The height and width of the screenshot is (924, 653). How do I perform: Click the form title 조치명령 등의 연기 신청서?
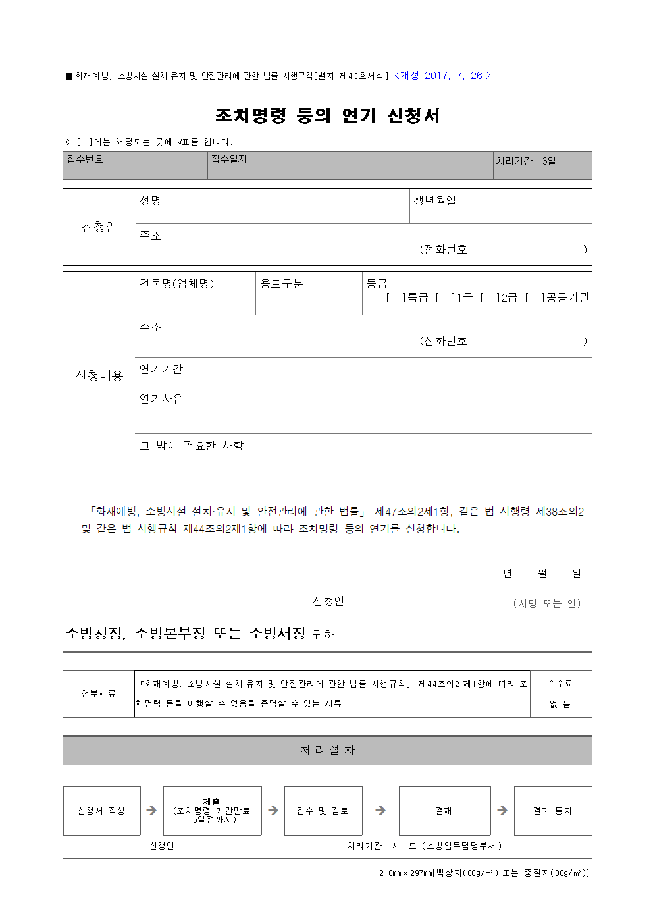click(x=327, y=116)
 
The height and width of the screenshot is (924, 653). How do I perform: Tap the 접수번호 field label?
click(x=85, y=159)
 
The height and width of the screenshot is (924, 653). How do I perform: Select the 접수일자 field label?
click(x=228, y=159)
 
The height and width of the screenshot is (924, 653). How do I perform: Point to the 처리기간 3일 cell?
click(x=526, y=161)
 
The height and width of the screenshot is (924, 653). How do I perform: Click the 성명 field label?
click(x=150, y=201)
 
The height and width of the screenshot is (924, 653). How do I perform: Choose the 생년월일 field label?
click(x=434, y=201)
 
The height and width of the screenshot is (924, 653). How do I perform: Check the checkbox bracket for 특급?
click(x=396, y=298)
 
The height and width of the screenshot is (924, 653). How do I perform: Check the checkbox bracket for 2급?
click(x=490, y=298)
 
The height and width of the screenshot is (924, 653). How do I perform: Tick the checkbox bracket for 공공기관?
click(x=535, y=298)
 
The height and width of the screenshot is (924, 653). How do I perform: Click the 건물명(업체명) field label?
click(x=176, y=284)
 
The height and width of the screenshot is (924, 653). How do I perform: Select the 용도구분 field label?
click(x=282, y=284)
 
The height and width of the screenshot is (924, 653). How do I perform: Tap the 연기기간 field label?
click(x=161, y=369)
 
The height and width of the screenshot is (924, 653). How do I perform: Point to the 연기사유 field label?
click(x=161, y=399)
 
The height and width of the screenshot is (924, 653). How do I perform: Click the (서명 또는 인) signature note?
click(x=547, y=604)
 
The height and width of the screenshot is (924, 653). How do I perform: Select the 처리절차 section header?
click(x=327, y=750)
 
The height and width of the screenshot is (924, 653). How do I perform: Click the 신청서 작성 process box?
click(x=101, y=811)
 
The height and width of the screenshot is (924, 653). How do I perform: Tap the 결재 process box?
click(x=444, y=811)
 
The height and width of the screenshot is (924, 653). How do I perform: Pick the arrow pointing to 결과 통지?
click(x=502, y=811)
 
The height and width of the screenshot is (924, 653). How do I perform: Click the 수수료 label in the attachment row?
click(x=560, y=684)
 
